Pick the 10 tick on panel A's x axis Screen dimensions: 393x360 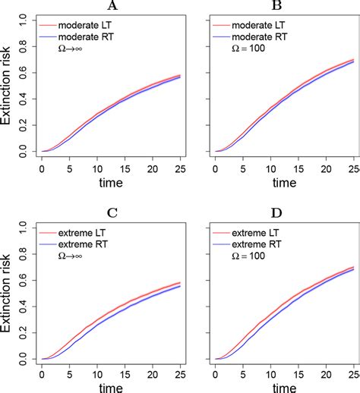97,169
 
